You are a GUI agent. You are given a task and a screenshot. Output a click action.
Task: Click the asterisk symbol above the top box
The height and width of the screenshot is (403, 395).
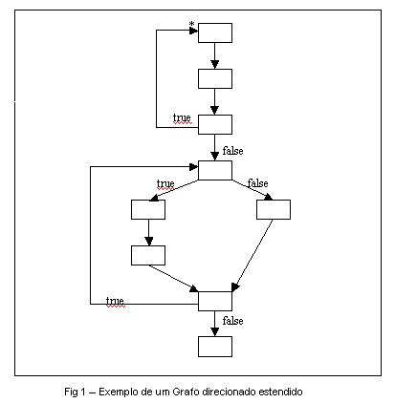[x=191, y=24]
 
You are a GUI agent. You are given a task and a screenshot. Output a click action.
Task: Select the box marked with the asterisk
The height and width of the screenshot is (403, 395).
[x=215, y=32]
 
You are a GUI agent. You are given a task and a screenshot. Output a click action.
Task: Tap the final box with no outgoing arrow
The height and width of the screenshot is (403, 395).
[x=215, y=347]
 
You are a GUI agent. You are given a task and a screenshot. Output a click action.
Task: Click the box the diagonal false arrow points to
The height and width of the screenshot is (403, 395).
[x=274, y=209]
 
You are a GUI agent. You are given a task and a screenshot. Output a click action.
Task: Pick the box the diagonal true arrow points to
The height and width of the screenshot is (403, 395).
[x=148, y=209]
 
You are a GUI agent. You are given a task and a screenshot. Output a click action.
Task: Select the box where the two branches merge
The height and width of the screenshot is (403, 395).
[x=215, y=301]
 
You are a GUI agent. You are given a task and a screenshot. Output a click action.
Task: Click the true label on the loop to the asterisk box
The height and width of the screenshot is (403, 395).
[x=182, y=117]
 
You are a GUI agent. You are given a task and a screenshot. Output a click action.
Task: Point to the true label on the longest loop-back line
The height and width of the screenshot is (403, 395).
[x=115, y=301]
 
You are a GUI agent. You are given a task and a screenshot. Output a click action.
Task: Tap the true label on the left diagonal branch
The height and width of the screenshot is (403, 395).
[x=165, y=183]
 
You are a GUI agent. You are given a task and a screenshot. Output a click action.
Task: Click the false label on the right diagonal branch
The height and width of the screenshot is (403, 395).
[x=257, y=183]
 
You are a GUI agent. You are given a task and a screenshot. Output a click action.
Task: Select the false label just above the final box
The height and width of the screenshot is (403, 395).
[x=232, y=321]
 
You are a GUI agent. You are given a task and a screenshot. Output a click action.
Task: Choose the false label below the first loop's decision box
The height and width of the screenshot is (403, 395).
[x=232, y=150]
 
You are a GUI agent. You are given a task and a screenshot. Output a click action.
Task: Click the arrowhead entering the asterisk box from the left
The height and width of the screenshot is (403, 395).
[x=193, y=31]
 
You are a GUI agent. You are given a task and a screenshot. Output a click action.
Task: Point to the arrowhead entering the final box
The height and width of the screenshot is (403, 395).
[x=215, y=332]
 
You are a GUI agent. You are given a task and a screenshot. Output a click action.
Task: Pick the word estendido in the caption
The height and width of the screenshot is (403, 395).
[x=280, y=392]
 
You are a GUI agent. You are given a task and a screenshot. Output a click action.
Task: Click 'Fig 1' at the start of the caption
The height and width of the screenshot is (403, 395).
[x=76, y=392]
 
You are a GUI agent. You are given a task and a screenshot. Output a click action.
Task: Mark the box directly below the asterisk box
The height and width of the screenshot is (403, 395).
[x=215, y=78]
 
